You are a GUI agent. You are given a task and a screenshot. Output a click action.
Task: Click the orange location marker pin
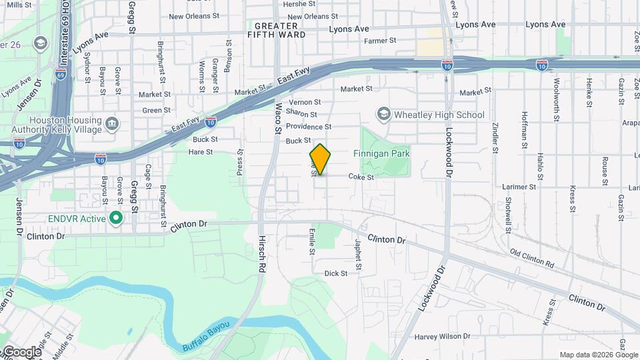(321, 159)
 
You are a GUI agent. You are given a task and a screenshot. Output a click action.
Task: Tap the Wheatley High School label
(439, 115)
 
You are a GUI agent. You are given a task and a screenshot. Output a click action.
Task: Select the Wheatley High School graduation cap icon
(383, 115)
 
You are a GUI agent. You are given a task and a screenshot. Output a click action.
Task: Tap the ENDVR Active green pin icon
(116, 218)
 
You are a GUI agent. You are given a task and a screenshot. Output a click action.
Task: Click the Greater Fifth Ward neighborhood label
(276, 30)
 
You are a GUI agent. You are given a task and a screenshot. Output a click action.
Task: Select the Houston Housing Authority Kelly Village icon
(112, 124)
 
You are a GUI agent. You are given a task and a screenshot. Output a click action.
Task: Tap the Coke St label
(361, 177)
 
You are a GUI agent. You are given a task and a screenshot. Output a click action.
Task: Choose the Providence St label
(308, 127)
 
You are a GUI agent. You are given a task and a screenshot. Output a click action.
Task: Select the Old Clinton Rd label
(531, 259)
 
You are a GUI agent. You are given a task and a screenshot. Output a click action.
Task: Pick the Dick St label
(335, 273)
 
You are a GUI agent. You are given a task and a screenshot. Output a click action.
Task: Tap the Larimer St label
(522, 187)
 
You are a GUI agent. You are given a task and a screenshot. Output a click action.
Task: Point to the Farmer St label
(380, 41)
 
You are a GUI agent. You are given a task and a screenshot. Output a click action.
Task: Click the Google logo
(21, 352)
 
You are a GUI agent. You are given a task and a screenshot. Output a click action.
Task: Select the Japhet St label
(358, 255)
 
